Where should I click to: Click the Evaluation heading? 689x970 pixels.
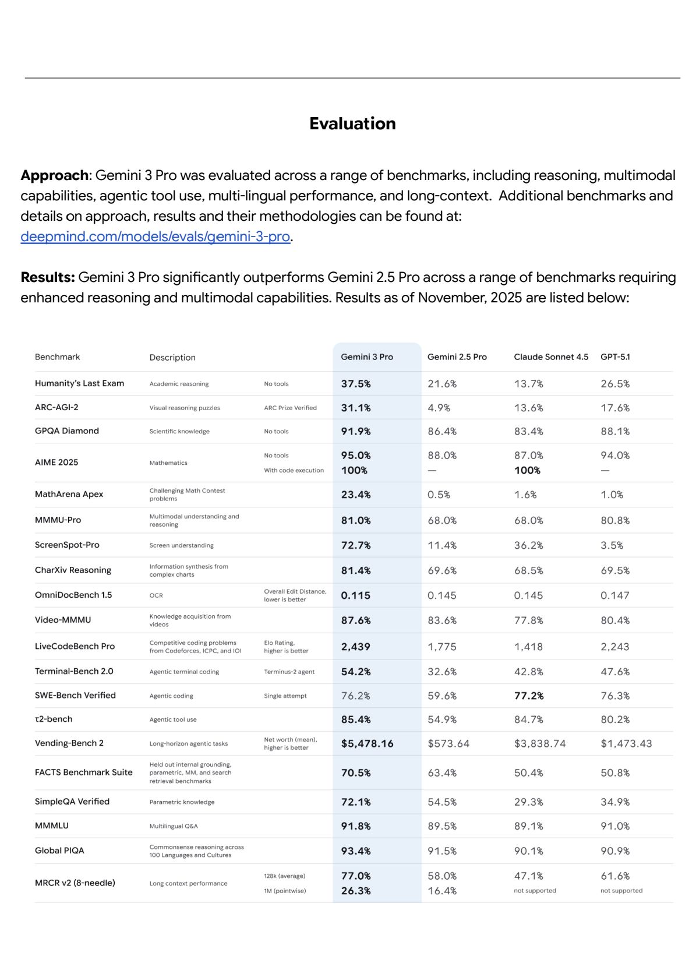coord(352,124)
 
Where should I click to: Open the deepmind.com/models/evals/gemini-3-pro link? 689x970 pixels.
coord(155,237)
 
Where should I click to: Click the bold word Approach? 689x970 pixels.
coord(54,175)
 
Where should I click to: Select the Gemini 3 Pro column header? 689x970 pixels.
coord(367,357)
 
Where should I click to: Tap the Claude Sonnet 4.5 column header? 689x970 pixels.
coord(551,357)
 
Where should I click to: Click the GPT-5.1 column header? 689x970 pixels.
coord(615,357)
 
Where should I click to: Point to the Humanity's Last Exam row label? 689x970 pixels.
coord(79,383)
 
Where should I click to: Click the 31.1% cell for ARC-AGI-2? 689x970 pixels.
coord(356,408)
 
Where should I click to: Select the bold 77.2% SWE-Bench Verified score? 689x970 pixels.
coord(529,696)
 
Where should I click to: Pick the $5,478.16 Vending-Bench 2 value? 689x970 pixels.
coord(367,743)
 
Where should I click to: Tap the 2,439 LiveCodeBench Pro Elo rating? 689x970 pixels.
coord(355,647)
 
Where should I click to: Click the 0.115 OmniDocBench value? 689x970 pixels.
coord(355,595)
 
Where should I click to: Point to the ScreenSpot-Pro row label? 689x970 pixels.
coord(67,545)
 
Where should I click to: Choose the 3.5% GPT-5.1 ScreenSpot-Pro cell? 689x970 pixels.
coord(612,545)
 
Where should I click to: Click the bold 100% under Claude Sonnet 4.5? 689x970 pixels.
coord(527,470)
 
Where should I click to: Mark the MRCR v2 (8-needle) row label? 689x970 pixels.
coord(75,883)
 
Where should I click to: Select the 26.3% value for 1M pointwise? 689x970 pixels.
coord(356,891)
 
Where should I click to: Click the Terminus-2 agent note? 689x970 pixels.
coord(289,672)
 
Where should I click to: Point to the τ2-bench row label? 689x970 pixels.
coord(54,719)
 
